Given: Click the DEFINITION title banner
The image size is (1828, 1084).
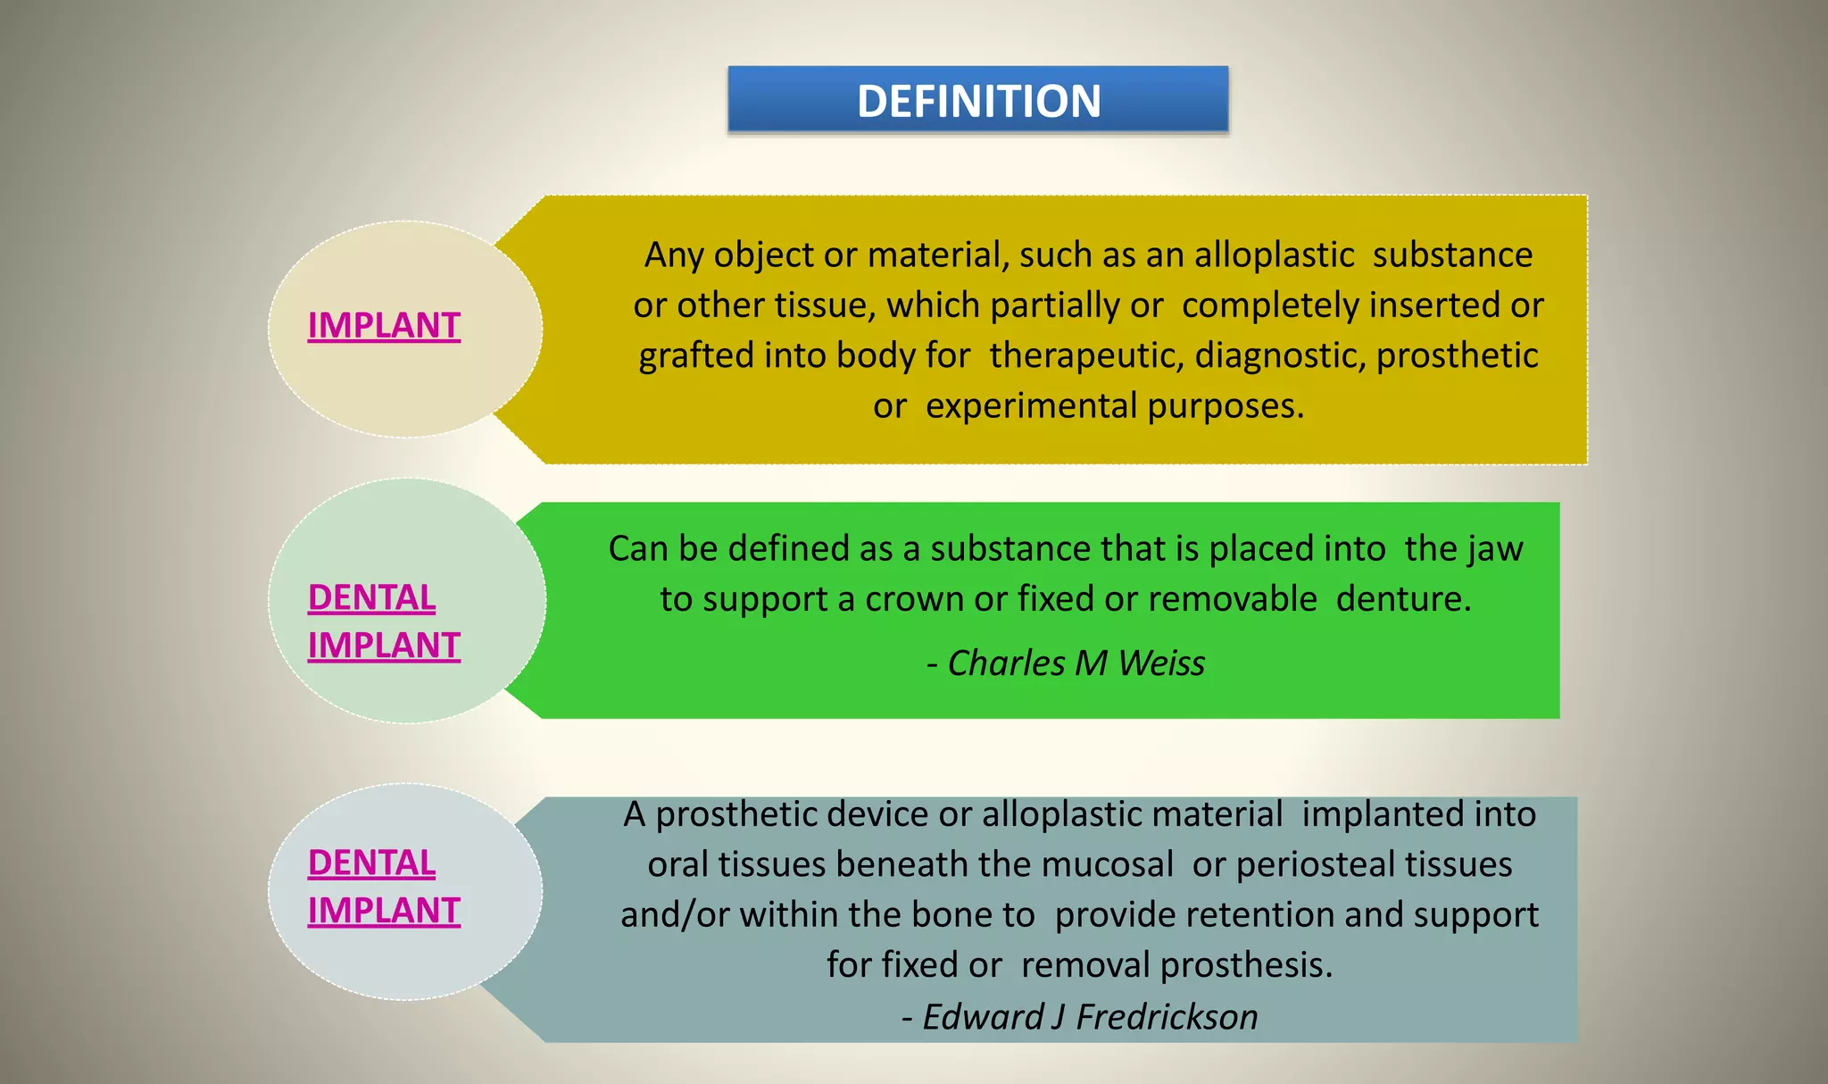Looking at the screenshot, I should pos(978,100).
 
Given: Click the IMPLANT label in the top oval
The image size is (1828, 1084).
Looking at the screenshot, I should pos(384,325).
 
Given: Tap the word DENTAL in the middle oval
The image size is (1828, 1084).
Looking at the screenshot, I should pos(371,597).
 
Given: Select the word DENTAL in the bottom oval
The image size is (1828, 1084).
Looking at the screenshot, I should pos(371,863).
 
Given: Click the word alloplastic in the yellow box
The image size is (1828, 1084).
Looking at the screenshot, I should pos(1274,255).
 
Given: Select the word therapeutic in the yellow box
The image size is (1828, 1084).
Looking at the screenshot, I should pos(1086,355).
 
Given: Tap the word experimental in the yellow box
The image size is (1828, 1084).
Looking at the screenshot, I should pos(1031,406).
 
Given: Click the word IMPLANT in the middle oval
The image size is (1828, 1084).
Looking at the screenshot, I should pos(384,646).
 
